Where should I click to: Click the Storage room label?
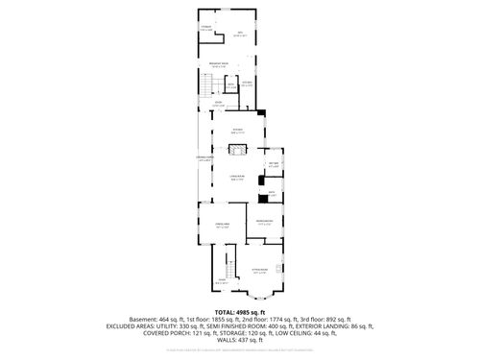pos(206,29)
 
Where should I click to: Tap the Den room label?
pos(241,36)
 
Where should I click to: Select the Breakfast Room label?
pos(218,65)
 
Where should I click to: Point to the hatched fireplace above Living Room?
pos(238,150)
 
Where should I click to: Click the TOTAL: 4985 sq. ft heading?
pos(240,312)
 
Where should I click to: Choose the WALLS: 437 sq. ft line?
pos(239,345)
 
